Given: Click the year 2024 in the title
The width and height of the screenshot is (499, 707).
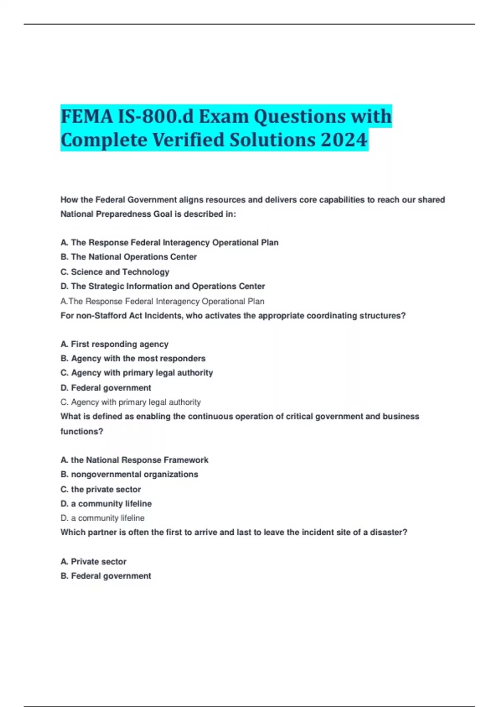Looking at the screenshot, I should [344, 139].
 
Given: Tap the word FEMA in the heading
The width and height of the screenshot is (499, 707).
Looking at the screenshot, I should [86, 116].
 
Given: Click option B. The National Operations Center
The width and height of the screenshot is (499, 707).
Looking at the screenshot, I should [128, 257].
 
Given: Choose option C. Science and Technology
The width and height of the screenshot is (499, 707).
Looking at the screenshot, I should [115, 272].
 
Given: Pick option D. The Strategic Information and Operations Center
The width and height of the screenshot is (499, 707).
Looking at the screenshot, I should [163, 286].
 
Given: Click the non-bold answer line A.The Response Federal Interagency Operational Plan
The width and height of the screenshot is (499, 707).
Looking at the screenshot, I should [162, 301].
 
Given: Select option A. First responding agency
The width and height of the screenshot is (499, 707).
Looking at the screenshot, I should [114, 344].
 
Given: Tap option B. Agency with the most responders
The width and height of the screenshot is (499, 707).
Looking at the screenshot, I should [133, 358].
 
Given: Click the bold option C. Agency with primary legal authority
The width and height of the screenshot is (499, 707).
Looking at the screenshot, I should [136, 373].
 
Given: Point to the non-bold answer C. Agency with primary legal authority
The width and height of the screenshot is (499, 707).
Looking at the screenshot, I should [131, 402].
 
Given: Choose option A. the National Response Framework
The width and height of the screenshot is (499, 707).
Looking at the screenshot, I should [134, 460].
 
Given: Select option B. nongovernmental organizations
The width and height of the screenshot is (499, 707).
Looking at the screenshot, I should [129, 474].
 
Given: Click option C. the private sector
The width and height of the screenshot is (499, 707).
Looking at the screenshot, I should [101, 489].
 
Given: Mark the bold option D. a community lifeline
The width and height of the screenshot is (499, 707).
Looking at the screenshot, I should [106, 504].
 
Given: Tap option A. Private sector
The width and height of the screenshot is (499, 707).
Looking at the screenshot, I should [93, 561].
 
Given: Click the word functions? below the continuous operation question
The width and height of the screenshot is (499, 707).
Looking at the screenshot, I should [82, 431].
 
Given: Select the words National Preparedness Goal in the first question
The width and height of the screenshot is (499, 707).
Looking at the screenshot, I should [121, 214].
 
